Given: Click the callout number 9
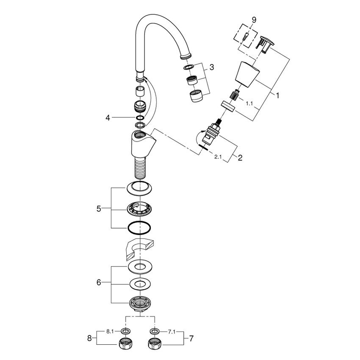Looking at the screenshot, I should (x=254, y=20).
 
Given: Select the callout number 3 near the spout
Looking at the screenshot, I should (x=211, y=67).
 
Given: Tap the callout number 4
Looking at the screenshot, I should (x=108, y=118).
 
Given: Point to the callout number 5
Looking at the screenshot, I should (x=99, y=208).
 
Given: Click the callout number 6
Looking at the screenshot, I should (x=99, y=282).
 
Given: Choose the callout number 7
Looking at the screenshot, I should (x=191, y=339).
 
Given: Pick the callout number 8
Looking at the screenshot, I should (x=90, y=339).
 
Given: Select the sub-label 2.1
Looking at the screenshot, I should (x=218, y=158).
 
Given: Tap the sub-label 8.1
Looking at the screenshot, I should (x=110, y=331).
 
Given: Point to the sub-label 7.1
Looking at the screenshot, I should (x=172, y=331).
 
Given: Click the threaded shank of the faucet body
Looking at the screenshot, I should (x=139, y=168).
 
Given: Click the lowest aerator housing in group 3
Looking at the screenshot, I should (x=195, y=97).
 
